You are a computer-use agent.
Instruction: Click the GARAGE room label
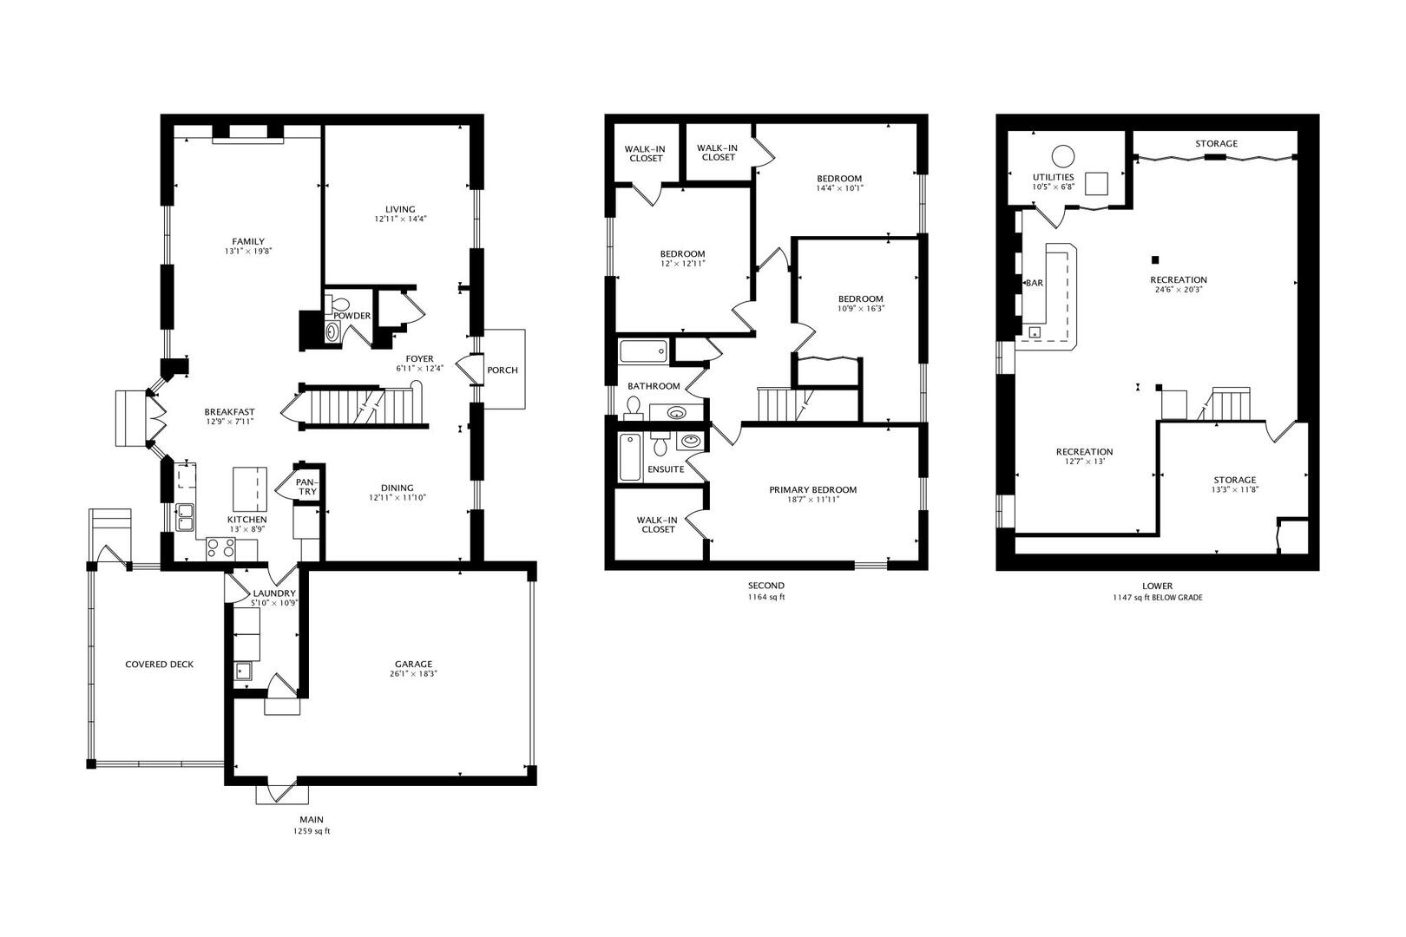coord(412,664)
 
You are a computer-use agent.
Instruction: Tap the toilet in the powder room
coord(339,305)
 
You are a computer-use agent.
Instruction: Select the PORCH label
coord(503,370)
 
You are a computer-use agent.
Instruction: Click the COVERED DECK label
coord(159,664)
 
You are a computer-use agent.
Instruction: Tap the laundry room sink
coord(243,670)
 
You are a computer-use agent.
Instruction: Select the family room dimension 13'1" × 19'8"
coord(248,252)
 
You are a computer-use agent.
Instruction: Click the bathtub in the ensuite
coord(629,457)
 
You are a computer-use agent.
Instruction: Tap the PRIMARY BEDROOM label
coord(812,489)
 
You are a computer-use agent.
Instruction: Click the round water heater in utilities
coord(1062,156)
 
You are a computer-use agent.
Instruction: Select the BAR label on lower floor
coord(1035,283)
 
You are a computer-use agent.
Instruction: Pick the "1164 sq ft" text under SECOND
coord(766,597)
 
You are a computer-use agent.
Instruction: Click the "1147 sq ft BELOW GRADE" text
coord(1157,597)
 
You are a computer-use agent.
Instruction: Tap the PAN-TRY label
coord(306,487)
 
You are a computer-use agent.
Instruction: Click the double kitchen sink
coord(185,517)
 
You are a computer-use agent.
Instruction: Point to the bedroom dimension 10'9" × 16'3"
coord(860,309)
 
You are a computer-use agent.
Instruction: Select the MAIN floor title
coord(312,819)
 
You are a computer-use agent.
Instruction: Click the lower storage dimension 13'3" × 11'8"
coord(1234,490)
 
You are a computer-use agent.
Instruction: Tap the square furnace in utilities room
coord(1098,184)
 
